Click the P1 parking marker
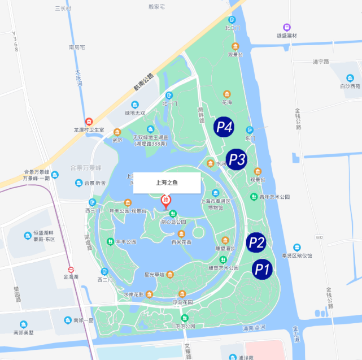[260, 269]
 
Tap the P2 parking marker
[256, 242]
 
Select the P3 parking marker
[236, 159]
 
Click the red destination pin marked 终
[166, 201]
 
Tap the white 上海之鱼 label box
[167, 183]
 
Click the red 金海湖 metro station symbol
[71, 270]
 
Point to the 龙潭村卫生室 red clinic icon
[89, 122]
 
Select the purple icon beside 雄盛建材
[287, 27]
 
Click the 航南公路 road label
[143, 81]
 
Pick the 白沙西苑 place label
[350, 86]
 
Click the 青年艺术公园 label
[274, 197]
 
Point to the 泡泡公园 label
[185, 326]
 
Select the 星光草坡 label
[154, 275]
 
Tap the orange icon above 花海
[227, 94]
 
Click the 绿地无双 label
[135, 112]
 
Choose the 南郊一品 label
[83, 320]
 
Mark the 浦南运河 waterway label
[254, 328]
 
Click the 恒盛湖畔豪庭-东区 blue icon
[28, 235]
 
